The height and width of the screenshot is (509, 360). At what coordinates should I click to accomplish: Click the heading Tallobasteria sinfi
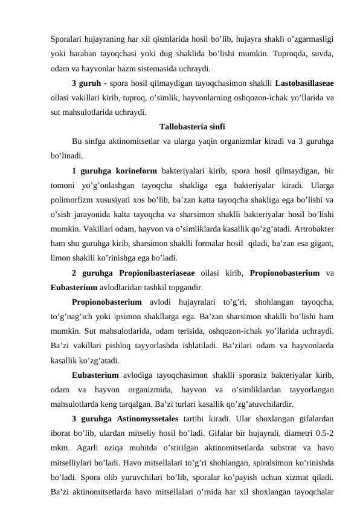coord(192,127)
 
